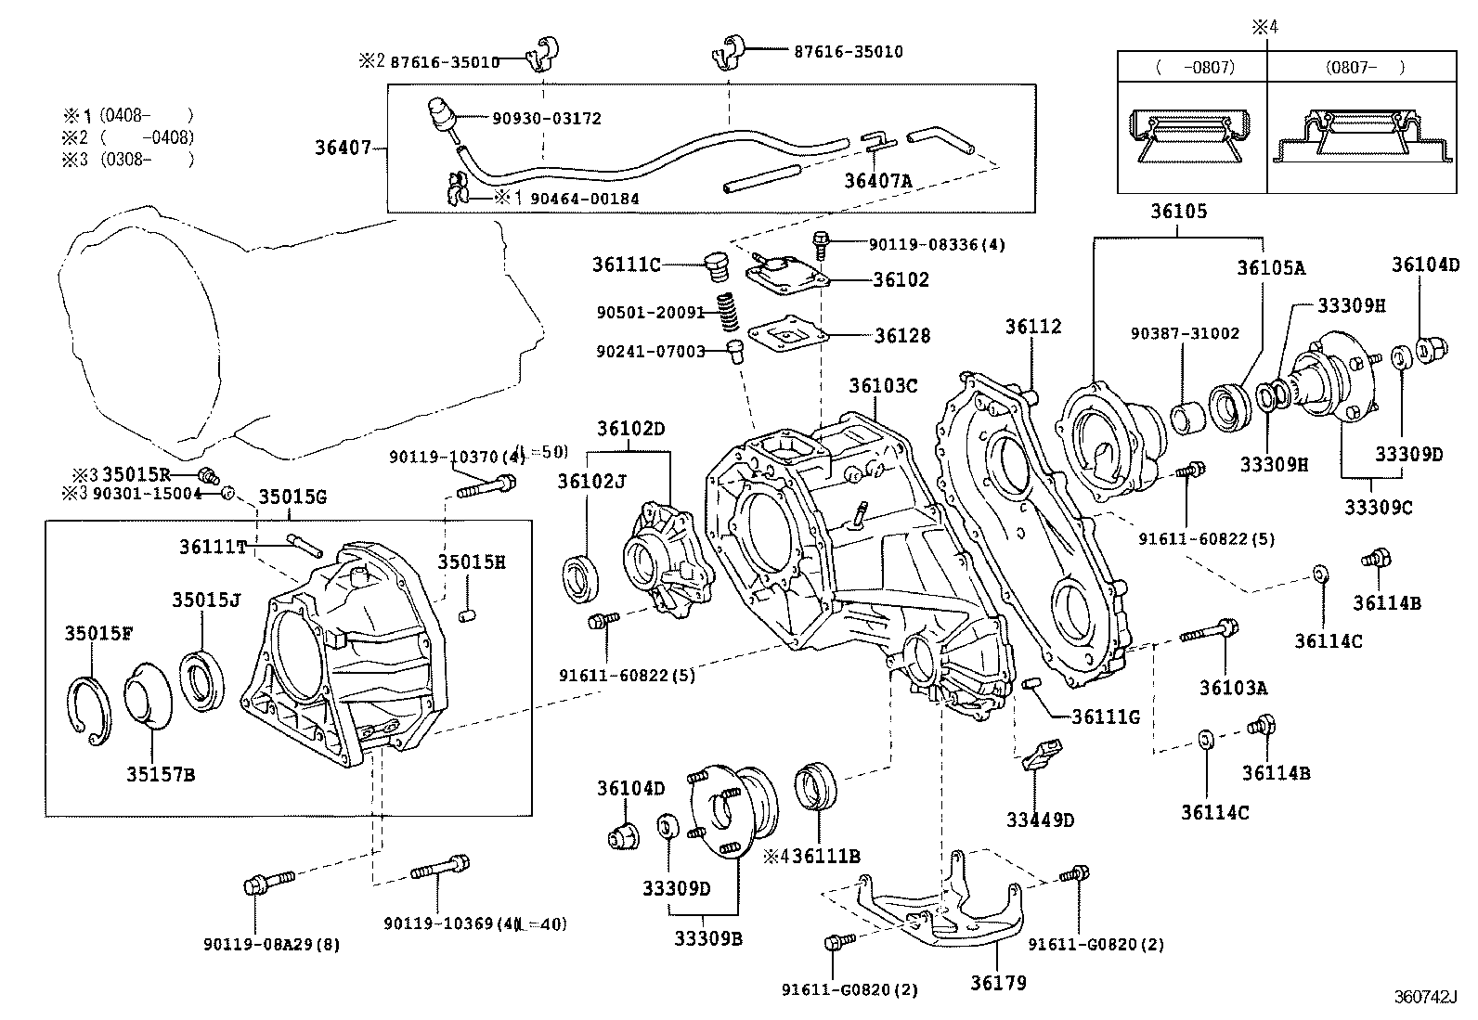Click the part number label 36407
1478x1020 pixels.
tap(342, 148)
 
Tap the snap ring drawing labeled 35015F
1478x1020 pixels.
tap(90, 707)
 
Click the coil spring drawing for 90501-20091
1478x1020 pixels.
tap(730, 315)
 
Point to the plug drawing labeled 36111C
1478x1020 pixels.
tap(714, 266)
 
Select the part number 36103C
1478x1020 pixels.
tap(882, 384)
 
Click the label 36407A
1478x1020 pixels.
tap(877, 180)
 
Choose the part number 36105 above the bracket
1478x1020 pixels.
tap(1178, 212)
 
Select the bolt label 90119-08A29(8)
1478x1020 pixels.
tap(271, 945)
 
